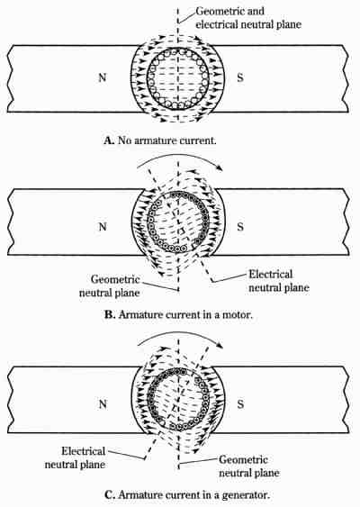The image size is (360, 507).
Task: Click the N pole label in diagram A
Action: tap(102, 77)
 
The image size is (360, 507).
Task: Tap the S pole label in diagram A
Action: tap(240, 77)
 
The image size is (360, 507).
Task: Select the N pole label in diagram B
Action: tap(103, 227)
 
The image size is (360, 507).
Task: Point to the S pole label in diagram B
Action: tap(240, 227)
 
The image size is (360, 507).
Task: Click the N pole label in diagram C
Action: tap(103, 404)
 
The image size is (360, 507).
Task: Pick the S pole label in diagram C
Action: tap(240, 404)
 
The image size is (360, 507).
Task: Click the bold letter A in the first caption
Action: tap(109, 140)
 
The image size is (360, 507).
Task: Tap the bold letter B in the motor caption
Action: tap(110, 315)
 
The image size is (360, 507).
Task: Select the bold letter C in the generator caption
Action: tap(110, 495)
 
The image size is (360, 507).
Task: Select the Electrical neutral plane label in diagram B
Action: tap(279, 281)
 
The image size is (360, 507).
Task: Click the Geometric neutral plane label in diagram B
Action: tap(110, 286)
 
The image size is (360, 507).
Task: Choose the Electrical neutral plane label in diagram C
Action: tap(75, 457)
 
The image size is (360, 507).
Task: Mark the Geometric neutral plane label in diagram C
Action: tap(249, 466)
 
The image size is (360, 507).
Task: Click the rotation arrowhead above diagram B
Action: tap(220, 168)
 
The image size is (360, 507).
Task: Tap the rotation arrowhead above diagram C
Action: tap(220, 345)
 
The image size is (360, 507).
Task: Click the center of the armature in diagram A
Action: tap(178, 78)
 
